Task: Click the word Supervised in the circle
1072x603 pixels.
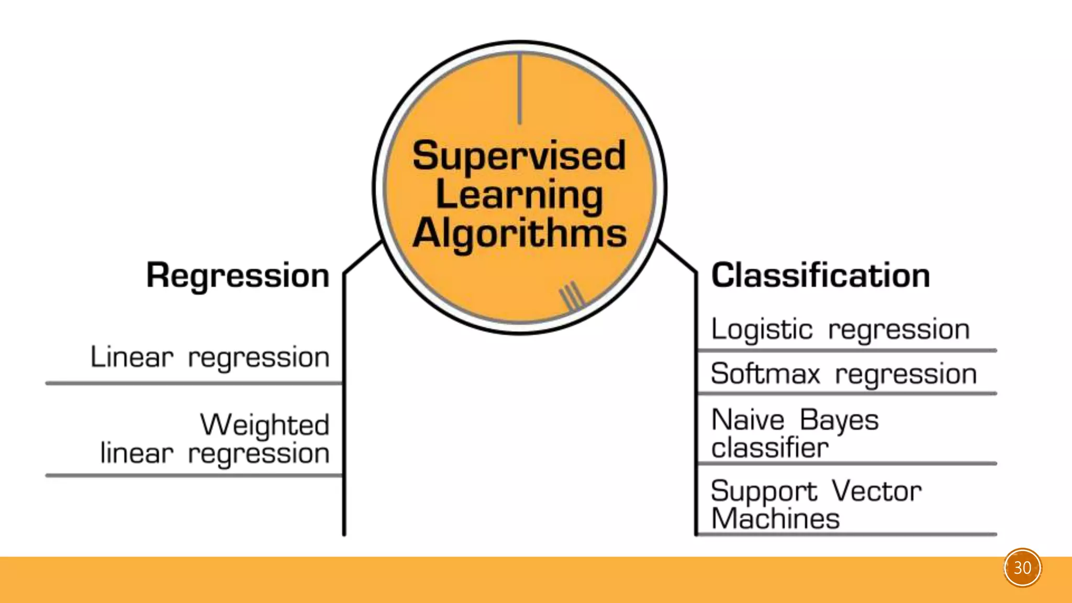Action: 519,157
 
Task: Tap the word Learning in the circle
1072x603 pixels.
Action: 519,195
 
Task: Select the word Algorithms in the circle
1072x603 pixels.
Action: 519,233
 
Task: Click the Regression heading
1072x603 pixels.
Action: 238,276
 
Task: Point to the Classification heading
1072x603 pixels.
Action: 820,275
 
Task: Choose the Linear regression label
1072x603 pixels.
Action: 210,358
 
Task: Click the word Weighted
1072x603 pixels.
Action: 265,425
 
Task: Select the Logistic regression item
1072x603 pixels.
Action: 840,330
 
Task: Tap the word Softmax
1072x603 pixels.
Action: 765,374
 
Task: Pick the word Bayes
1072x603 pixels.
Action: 839,420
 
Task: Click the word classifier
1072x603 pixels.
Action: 769,448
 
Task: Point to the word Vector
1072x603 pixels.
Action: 877,492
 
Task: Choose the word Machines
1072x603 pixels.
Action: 775,519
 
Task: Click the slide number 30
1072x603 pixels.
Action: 1022,568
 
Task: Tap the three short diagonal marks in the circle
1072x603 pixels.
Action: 572,296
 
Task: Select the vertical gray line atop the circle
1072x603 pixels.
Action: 520,89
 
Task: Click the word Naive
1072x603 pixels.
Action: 748,420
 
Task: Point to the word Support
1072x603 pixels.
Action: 764,492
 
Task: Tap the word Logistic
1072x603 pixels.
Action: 762,330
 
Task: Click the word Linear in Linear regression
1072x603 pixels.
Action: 132,358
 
